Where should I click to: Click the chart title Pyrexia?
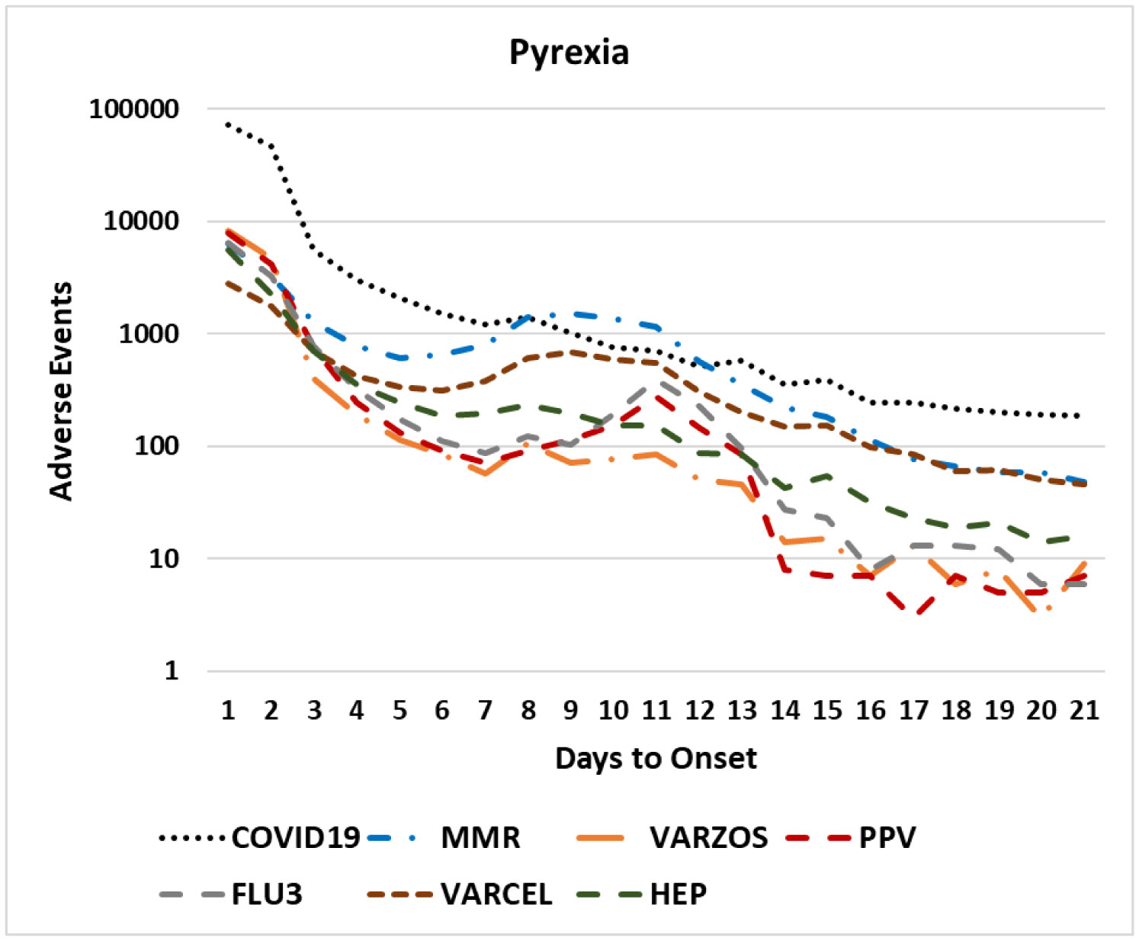[x=569, y=53]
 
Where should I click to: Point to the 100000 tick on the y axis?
[x=134, y=109]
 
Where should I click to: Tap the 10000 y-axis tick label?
[x=141, y=221]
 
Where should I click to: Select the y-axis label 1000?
[x=149, y=333]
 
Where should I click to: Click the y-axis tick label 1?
[x=172, y=671]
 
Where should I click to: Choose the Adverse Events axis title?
[x=60, y=390]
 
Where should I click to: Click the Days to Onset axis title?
[x=656, y=758]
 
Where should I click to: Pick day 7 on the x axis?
[x=485, y=711]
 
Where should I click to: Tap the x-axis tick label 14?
[x=784, y=711]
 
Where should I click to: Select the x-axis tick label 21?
[x=1083, y=711]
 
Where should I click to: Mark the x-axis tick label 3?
[x=314, y=711]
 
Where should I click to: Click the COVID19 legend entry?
[x=295, y=837]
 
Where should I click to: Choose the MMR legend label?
[x=480, y=837]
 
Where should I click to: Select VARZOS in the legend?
[x=708, y=837]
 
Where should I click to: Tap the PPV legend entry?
[x=887, y=837]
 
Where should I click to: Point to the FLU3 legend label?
[x=267, y=894]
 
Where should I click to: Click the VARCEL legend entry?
[x=496, y=894]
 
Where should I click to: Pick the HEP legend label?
[x=678, y=894]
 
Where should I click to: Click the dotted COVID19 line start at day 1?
[x=228, y=124]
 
